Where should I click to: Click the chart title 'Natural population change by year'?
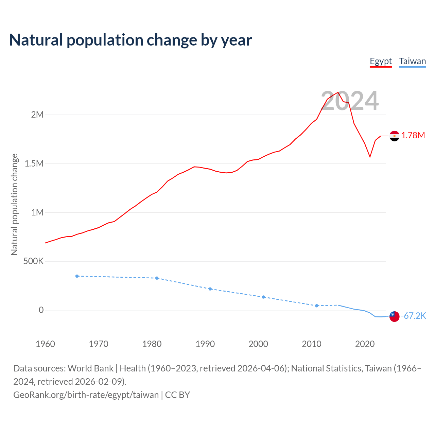click(x=130, y=40)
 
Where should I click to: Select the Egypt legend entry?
click(x=381, y=62)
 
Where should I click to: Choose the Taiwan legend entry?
click(x=412, y=62)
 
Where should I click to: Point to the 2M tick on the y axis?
click(x=37, y=115)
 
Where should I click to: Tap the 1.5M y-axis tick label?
click(x=34, y=164)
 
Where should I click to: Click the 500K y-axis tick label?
click(x=33, y=261)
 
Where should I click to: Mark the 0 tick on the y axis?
click(x=41, y=310)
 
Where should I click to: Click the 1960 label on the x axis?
click(x=45, y=344)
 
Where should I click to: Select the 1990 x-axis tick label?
click(x=205, y=344)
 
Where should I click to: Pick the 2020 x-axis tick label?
click(x=365, y=344)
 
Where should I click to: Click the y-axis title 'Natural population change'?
click(x=15, y=204)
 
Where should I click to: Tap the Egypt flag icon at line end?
click(x=394, y=136)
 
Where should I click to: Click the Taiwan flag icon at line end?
click(x=394, y=316)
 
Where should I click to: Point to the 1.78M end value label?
click(x=413, y=136)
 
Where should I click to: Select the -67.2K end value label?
click(x=413, y=316)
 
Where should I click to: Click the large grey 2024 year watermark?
click(x=350, y=101)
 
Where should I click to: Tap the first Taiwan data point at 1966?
click(x=77, y=276)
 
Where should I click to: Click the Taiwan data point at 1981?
click(x=157, y=278)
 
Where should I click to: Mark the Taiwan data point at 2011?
click(x=317, y=306)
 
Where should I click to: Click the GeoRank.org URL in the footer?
click(x=86, y=395)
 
